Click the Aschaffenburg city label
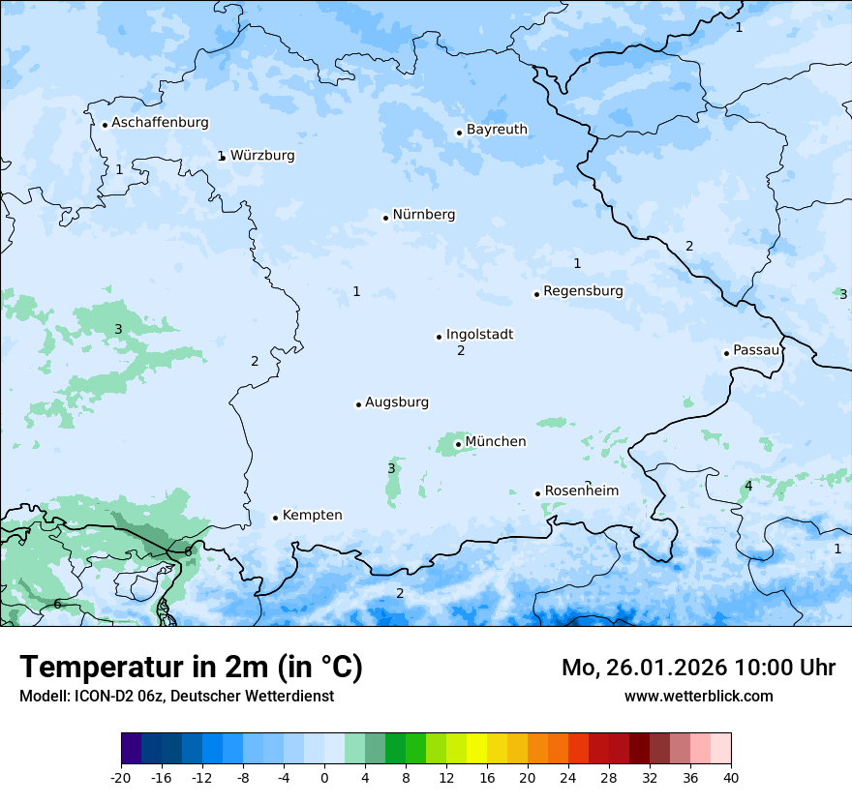pyautogui.click(x=160, y=123)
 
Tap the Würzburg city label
pyautogui.click(x=262, y=156)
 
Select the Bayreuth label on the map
pyautogui.click(x=497, y=130)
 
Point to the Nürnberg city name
pyautogui.click(x=423, y=215)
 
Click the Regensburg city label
pyautogui.click(x=583, y=291)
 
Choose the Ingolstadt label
pyautogui.click(x=479, y=335)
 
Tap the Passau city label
pyautogui.click(x=756, y=350)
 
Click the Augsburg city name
pyautogui.click(x=397, y=402)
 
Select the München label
pyautogui.click(x=496, y=442)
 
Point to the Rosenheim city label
pyautogui.click(x=581, y=491)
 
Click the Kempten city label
pyautogui.click(x=312, y=516)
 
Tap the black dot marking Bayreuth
pyautogui.click(x=459, y=133)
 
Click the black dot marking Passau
pyautogui.click(x=726, y=353)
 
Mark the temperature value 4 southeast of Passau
pyautogui.click(x=747, y=486)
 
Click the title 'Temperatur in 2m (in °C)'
pyautogui.click(x=191, y=668)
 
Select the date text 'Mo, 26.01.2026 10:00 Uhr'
pyautogui.click(x=698, y=668)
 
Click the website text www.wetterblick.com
pyautogui.click(x=698, y=696)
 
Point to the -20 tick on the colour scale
pyautogui.click(x=121, y=777)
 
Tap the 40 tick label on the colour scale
pyautogui.click(x=730, y=777)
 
